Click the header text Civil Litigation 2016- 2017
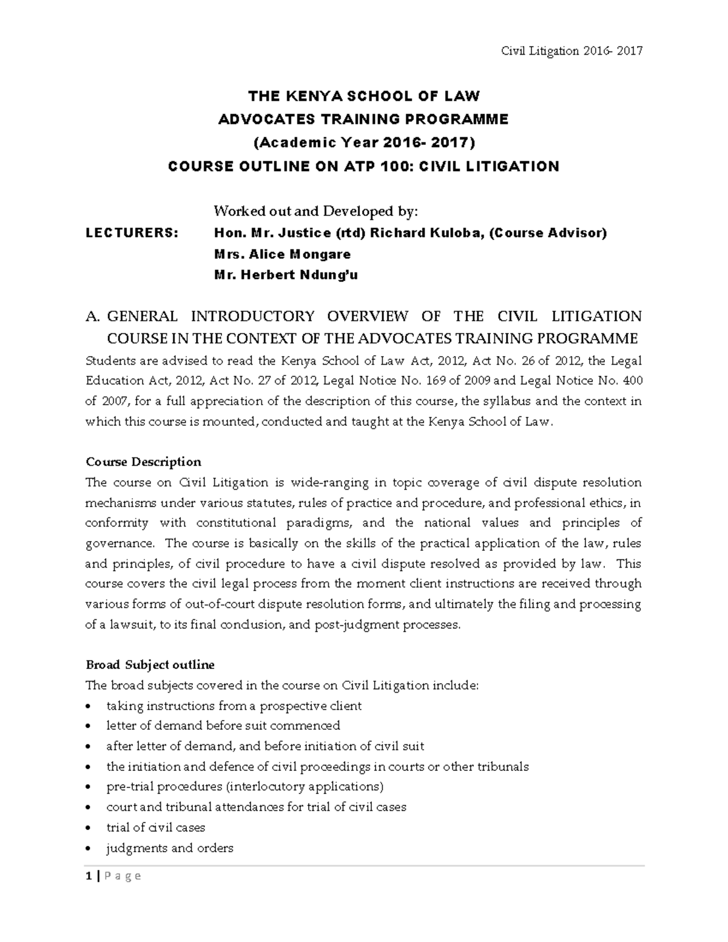(x=571, y=51)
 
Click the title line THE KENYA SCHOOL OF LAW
(x=363, y=96)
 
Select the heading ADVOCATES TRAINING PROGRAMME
(x=363, y=119)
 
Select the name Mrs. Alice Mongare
(x=282, y=254)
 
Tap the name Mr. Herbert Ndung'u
(x=286, y=275)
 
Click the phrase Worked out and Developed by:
(x=315, y=211)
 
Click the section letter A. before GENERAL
(x=92, y=317)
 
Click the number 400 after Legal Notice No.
(x=632, y=381)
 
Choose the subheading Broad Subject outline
(x=150, y=665)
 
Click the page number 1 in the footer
(x=89, y=876)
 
